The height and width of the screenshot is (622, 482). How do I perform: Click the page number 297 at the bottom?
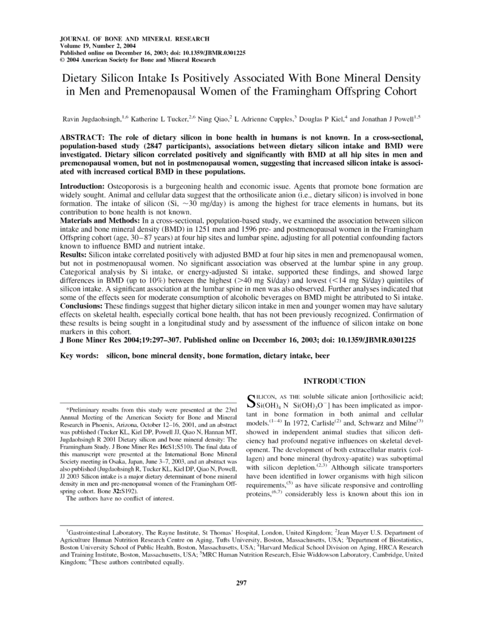coord(241,583)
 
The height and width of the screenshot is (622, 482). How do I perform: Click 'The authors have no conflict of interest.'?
coord(120,499)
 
